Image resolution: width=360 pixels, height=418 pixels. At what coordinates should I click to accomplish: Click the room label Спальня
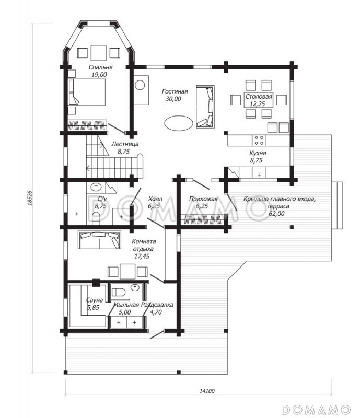(100, 67)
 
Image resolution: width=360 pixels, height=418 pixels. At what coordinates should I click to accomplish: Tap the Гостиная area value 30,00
(173, 99)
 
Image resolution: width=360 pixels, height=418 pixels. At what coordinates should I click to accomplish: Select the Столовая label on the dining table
(259, 97)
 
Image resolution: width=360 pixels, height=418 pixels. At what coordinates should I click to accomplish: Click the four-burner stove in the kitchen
(259, 140)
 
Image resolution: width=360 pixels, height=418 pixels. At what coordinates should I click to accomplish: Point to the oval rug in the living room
(178, 123)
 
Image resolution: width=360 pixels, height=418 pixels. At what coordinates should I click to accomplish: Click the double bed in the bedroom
(87, 92)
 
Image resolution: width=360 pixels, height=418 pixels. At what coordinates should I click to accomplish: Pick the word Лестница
(125, 144)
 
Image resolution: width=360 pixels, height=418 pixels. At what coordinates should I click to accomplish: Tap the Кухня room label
(258, 153)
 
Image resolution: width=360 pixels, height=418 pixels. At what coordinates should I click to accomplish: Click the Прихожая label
(203, 199)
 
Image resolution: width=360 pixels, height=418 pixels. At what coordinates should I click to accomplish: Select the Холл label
(155, 199)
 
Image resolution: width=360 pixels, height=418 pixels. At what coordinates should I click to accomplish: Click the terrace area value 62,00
(277, 214)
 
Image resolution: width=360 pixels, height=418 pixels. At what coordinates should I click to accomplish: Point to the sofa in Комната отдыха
(99, 240)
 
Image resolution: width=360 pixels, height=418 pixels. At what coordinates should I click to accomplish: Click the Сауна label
(95, 300)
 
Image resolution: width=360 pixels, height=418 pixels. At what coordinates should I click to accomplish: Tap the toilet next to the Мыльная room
(118, 293)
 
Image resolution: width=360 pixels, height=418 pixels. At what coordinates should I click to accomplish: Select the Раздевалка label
(157, 305)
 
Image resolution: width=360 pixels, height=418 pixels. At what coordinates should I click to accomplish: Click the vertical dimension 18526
(30, 198)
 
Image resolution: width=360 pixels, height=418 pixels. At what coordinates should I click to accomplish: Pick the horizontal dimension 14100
(207, 391)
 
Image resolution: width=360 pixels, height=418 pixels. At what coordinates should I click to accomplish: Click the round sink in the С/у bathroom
(96, 187)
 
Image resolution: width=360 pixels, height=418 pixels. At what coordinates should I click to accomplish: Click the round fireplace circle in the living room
(140, 85)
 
